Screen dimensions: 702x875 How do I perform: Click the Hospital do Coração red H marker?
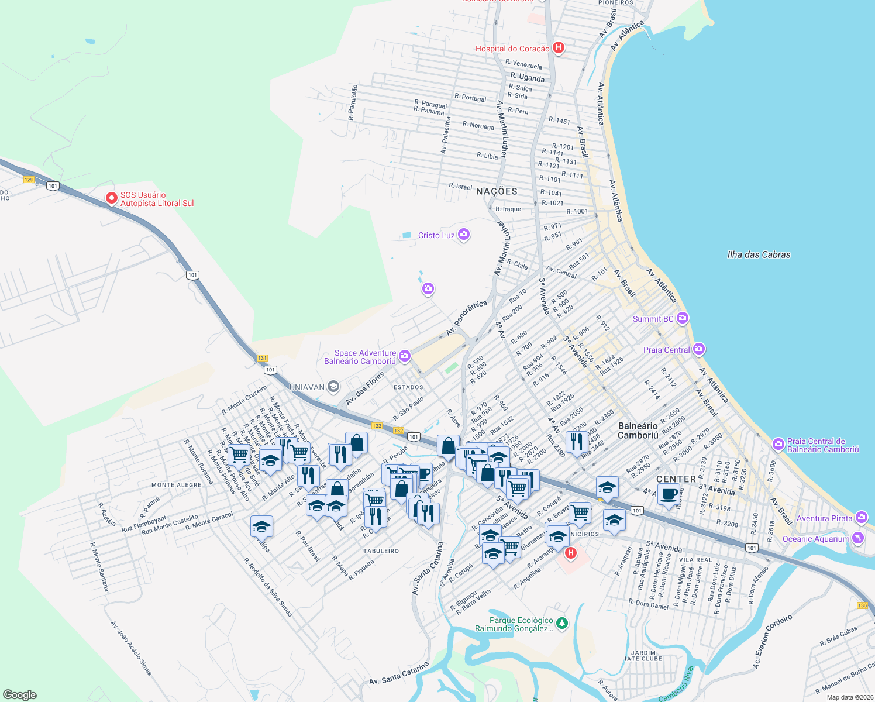pyautogui.click(x=559, y=48)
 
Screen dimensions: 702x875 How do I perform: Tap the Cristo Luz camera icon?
pyautogui.click(x=464, y=235)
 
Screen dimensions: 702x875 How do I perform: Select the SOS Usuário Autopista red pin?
pyautogui.click(x=111, y=198)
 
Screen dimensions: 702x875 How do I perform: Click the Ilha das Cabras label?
pyautogui.click(x=759, y=254)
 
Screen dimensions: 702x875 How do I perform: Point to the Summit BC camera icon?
pyautogui.click(x=682, y=318)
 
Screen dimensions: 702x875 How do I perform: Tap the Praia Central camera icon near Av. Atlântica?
pyautogui.click(x=698, y=349)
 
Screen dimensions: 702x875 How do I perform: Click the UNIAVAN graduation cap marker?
pyautogui.click(x=333, y=386)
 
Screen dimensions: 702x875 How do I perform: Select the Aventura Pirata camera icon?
pyautogui.click(x=861, y=518)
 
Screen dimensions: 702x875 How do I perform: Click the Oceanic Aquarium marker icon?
pyautogui.click(x=857, y=538)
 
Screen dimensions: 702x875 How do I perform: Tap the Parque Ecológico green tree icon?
pyautogui.click(x=561, y=624)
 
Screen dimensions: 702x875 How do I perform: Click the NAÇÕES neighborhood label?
pyautogui.click(x=497, y=191)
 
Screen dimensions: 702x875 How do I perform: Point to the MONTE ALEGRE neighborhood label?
pyautogui.click(x=176, y=485)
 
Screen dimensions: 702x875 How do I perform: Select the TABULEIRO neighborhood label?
pyautogui.click(x=381, y=551)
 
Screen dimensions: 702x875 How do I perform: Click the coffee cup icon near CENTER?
pyautogui.click(x=669, y=494)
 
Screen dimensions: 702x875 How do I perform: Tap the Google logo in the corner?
pyautogui.click(x=20, y=694)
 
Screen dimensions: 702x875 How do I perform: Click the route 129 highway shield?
pyautogui.click(x=29, y=180)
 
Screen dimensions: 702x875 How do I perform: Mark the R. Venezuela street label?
pyautogui.click(x=523, y=64)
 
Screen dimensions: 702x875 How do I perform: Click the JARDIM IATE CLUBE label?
pyautogui.click(x=643, y=655)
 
